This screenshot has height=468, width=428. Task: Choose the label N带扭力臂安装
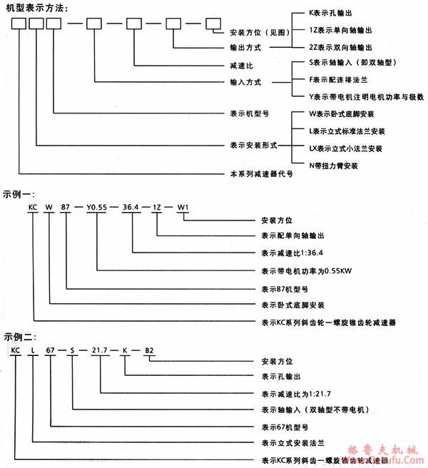[x=333, y=166]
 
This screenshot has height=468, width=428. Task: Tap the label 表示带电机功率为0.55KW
[x=299, y=271]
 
